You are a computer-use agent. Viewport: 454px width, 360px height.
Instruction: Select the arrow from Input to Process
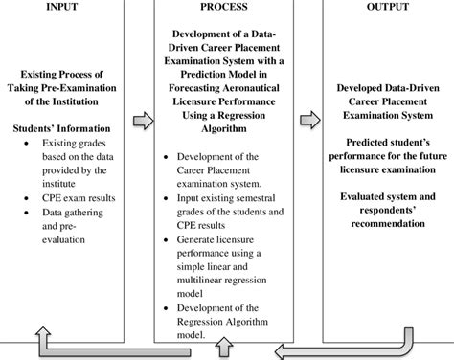point(142,121)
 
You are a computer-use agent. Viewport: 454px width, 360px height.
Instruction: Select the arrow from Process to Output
point(309,121)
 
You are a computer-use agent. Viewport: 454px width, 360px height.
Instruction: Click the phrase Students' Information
point(64,126)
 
